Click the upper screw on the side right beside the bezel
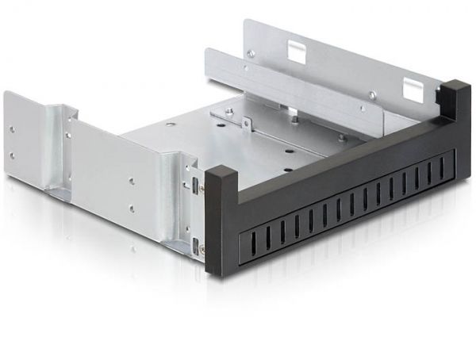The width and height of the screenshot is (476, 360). [202, 187]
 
